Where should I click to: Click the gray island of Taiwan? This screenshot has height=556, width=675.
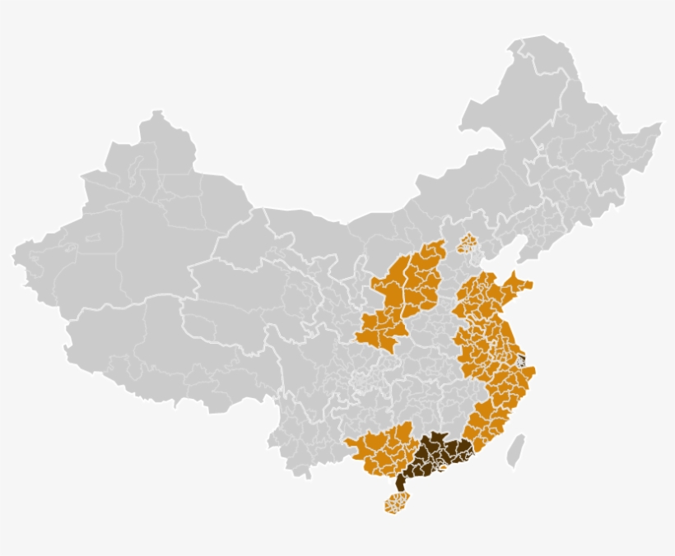[x=516, y=452]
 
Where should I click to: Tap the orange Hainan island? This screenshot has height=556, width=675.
[x=397, y=502]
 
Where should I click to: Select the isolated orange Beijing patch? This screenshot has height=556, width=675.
[x=467, y=243]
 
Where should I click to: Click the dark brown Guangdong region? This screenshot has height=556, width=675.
[x=436, y=456]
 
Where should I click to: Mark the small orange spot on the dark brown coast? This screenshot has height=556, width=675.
[x=443, y=470]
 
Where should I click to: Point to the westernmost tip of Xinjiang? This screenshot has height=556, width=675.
[x=14, y=256]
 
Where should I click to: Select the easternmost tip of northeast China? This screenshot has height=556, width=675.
[x=659, y=126]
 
